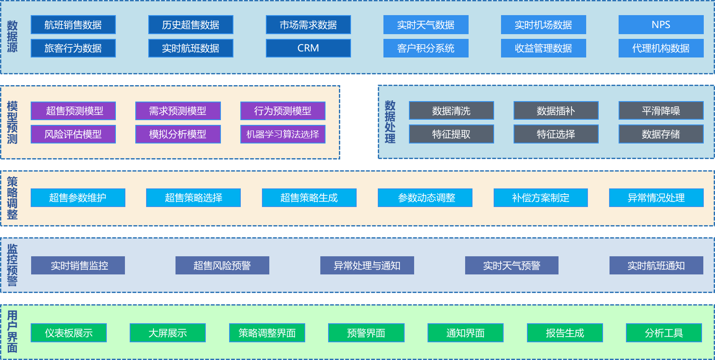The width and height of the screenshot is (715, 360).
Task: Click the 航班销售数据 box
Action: pos(73,25)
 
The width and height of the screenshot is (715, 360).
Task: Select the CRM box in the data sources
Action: pos(308,48)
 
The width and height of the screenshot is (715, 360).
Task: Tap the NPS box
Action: pos(661,25)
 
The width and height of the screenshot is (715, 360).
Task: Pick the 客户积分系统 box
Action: pos(426,48)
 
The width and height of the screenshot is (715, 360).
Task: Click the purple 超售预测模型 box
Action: pos(73,111)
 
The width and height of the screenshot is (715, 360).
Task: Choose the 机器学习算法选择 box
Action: pos(283,134)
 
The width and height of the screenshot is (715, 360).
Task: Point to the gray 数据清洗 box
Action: pos(451,111)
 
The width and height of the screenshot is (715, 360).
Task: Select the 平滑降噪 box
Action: pos(661,111)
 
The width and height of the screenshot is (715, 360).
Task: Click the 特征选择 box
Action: pos(556,134)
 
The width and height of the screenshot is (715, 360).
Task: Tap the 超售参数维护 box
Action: pos(78,198)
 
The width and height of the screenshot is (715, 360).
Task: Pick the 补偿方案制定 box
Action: pos(540,198)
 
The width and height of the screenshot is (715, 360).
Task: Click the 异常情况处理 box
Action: pos(656,198)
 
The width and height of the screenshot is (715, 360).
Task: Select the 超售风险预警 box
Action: pos(222,265)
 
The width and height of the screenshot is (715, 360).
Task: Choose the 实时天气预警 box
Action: pos(511,265)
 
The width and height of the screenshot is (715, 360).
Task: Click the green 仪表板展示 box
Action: pos(69,333)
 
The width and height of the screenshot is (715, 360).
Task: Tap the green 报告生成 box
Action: pos(565,333)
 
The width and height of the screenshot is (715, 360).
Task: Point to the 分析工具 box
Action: pos(664,333)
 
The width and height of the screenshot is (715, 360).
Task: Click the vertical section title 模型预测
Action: pos(12,122)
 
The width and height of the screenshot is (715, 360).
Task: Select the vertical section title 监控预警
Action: pos(12,265)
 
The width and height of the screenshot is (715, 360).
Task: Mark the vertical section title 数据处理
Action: pos(390,122)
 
